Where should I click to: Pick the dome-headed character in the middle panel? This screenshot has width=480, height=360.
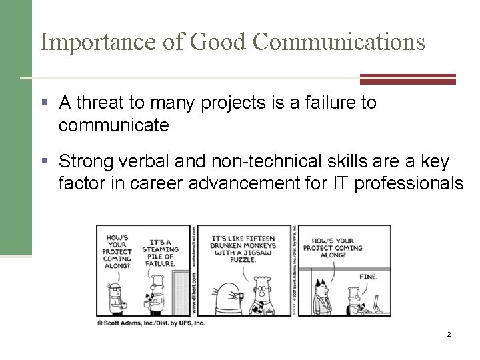click(x=226, y=289)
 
